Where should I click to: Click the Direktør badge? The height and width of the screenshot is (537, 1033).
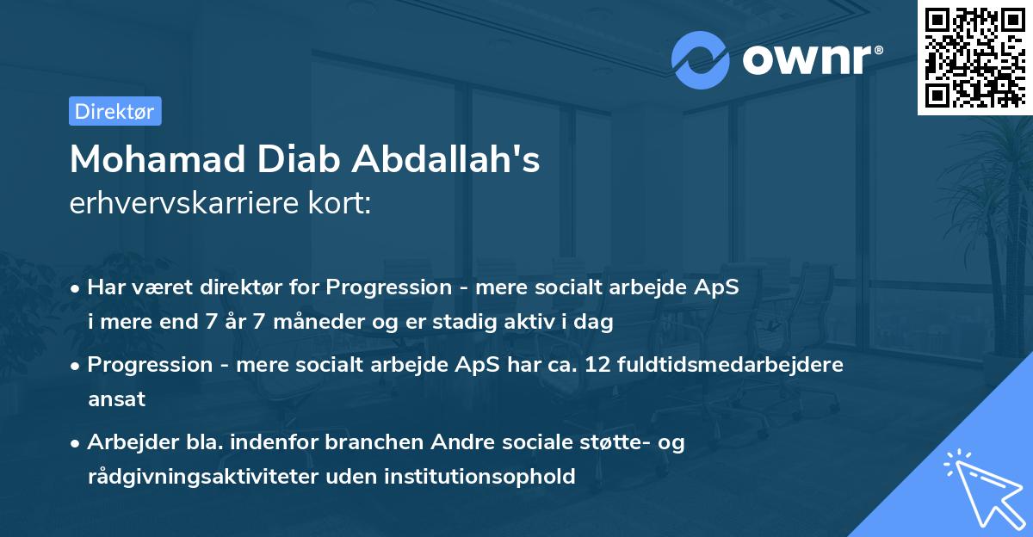pos(114,111)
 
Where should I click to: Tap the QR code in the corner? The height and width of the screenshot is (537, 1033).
pos(974,57)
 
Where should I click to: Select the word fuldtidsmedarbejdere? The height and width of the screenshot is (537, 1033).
pos(733,365)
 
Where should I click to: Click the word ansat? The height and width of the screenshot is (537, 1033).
pos(116,398)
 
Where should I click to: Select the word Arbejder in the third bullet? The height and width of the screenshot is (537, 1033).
pos(126,442)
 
